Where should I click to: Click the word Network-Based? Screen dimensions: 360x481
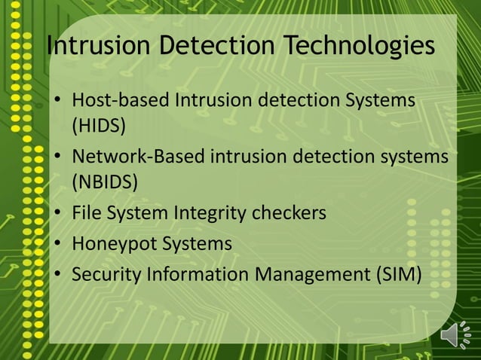[x=138, y=157]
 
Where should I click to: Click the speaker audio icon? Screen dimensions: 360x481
[x=455, y=334]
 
